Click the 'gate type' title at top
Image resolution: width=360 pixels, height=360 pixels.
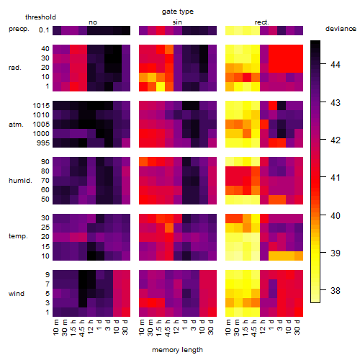[178, 12]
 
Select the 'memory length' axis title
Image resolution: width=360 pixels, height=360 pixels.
[177, 350]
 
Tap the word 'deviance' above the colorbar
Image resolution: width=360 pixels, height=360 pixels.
[341, 29]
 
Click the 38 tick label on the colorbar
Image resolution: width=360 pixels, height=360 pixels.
[336, 290]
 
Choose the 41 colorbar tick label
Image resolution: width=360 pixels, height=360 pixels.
[336, 178]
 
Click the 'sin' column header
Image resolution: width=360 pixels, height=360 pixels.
[177, 22]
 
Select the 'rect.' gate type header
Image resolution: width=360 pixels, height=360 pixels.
[261, 22]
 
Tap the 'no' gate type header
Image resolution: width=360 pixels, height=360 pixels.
[93, 22]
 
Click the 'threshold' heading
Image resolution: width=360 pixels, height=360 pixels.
[40, 17]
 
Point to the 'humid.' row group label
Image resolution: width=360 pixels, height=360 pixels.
[20, 180]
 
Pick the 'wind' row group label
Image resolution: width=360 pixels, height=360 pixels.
[17, 293]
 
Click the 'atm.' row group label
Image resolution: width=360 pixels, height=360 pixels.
[16, 125]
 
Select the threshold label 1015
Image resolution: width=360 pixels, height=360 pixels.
[41, 105]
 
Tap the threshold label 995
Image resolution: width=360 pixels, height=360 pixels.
[43, 143]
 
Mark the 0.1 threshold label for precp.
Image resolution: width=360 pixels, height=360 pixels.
[44, 30]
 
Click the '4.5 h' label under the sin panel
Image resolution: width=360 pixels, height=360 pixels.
[168, 328]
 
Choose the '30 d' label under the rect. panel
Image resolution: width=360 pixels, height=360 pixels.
[297, 327]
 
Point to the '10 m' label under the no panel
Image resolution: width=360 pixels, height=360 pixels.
[55, 328]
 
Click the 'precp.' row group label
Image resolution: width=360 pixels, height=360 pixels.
[19, 29]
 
